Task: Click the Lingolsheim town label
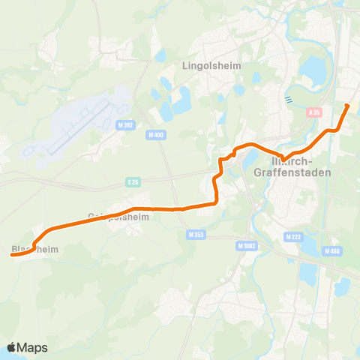pyautogui.click(x=211, y=65)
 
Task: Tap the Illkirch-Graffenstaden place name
pyautogui.click(x=299, y=166)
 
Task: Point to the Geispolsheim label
pyautogui.click(x=119, y=217)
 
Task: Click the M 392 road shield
pyautogui.click(x=125, y=126)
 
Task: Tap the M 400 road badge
pyautogui.click(x=155, y=134)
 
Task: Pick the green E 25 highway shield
pyautogui.click(x=133, y=181)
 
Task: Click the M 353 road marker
pyautogui.click(x=194, y=235)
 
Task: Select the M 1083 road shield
pyautogui.click(x=245, y=245)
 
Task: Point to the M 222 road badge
pyautogui.click(x=293, y=236)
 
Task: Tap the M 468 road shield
pyautogui.click(x=332, y=251)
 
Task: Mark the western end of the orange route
pyautogui.click(x=12, y=255)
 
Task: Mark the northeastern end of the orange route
pyautogui.click(x=347, y=106)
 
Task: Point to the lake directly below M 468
pyautogui.click(x=341, y=286)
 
